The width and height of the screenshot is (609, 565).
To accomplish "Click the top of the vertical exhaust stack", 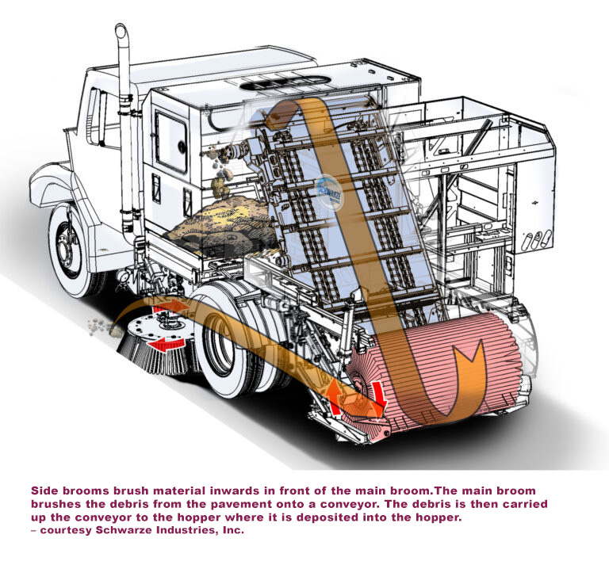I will [x=122, y=32].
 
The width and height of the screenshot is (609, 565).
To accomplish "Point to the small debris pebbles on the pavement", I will [x=99, y=323].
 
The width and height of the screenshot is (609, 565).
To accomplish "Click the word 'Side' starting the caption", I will [x=44, y=491].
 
